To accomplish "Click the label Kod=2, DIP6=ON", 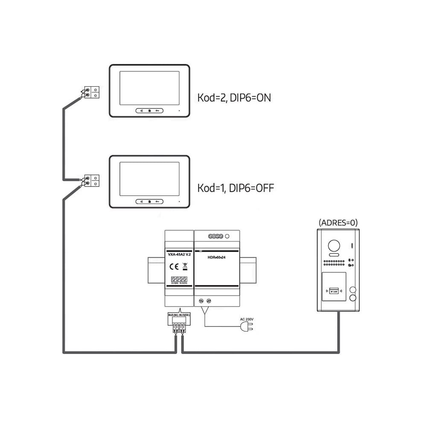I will pos(234,98).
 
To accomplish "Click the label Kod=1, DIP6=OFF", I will pos(235,188).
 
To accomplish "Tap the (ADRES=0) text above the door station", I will pos(338,222).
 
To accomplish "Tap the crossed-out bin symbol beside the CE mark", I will pos(185,267).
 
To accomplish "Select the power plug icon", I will pos(247,326).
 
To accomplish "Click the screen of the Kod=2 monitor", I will pos(149,88).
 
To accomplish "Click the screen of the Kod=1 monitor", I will pos(149,179).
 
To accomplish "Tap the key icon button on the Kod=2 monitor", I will pos(158,111).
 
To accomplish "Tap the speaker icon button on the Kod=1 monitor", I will pos(141,201).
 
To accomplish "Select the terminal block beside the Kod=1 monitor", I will pos(92,181).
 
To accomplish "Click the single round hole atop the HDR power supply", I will pos(227,236).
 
